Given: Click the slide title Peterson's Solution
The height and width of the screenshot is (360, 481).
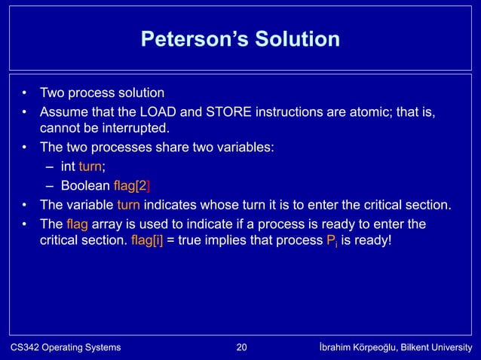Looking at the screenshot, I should tap(240, 38).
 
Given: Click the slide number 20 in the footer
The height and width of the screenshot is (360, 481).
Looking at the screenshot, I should tap(241, 347).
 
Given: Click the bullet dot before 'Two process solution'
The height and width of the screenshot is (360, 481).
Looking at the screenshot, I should tap(24, 94).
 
